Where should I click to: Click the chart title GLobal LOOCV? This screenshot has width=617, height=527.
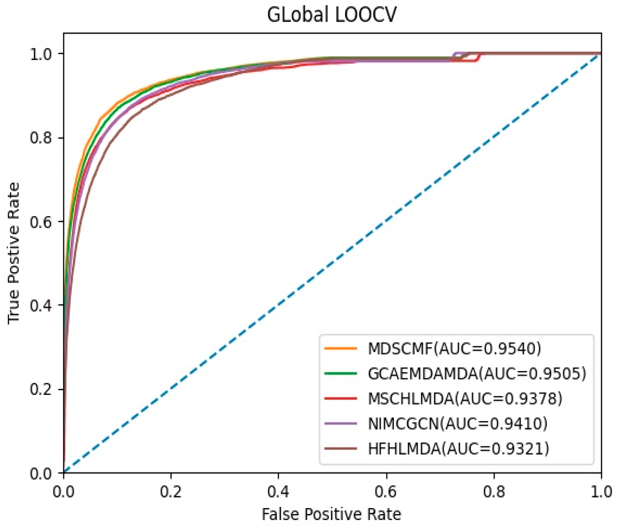click(x=332, y=15)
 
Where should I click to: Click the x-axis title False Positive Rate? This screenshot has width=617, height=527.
click(x=332, y=514)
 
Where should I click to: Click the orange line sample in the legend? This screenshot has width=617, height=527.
click(x=341, y=349)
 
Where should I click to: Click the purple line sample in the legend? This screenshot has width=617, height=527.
click(x=341, y=424)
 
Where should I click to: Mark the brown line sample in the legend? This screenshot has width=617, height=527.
click(x=341, y=449)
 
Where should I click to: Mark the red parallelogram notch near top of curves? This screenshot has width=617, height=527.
click(x=470, y=57)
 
